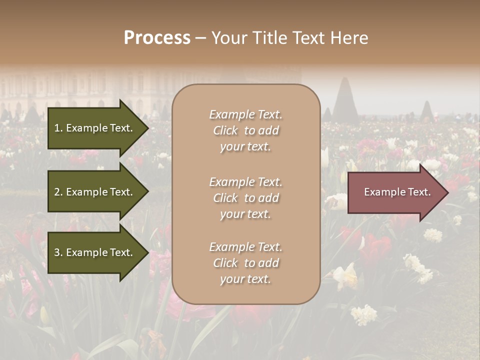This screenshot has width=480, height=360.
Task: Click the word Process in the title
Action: point(157,38)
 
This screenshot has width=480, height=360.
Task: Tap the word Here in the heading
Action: point(349,38)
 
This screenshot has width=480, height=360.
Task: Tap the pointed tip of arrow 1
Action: point(147,128)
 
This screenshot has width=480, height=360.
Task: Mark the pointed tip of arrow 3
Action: point(147,252)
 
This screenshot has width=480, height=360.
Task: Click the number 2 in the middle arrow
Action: point(56,192)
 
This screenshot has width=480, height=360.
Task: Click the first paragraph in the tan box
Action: point(245,130)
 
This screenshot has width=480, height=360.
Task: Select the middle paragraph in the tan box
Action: point(245,198)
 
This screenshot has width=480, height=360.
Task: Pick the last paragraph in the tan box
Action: point(245,263)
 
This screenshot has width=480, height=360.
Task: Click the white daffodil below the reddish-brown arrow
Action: point(346,274)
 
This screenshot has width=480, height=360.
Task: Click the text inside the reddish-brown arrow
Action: point(397,192)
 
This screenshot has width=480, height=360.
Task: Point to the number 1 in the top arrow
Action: point(56,128)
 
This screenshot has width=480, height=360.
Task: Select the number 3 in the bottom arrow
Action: point(56,252)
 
